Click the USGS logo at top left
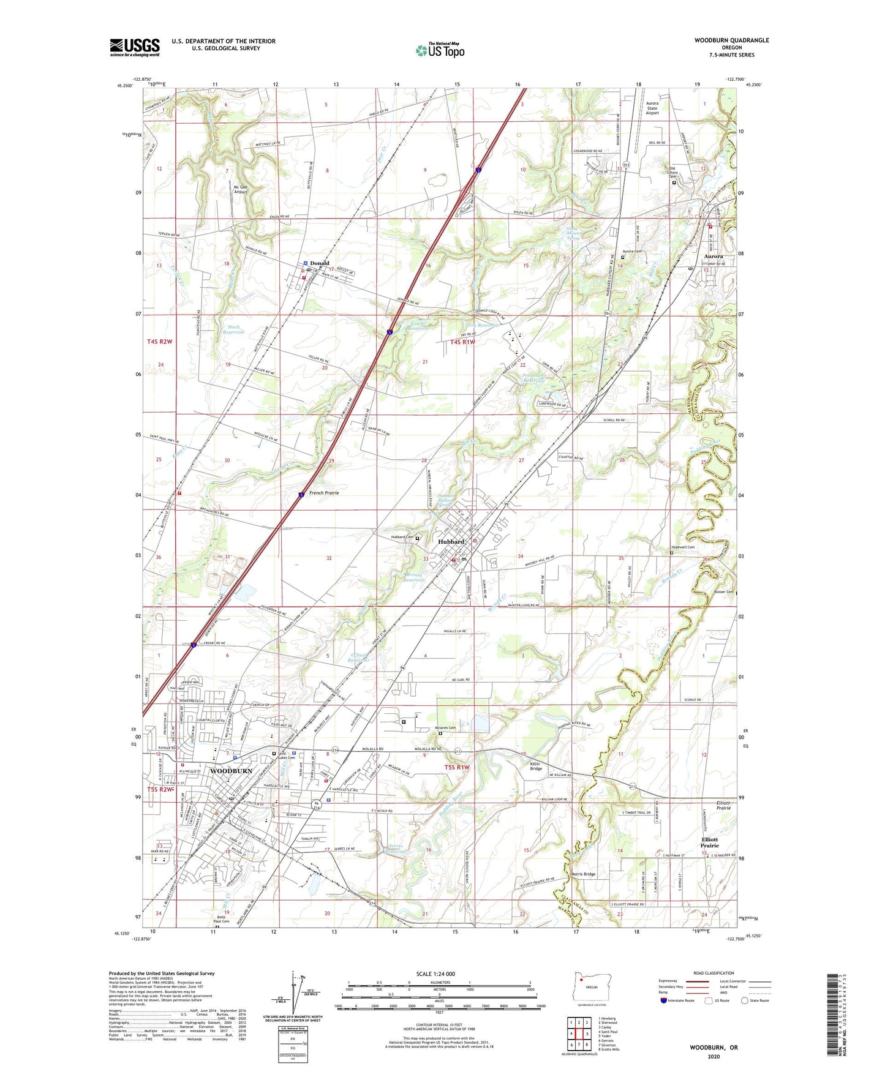135,47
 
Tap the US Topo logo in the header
440,50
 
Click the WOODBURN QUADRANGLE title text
731,40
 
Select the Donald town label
319,263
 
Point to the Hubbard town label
451,542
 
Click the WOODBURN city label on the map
232,771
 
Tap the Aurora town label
713,257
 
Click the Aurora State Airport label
652,108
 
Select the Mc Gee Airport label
240,189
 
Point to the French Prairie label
324,492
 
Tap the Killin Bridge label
536,766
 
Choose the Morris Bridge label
583,874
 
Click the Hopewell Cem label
683,547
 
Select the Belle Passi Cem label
221,918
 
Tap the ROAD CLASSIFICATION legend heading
714,973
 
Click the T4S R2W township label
160,342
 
